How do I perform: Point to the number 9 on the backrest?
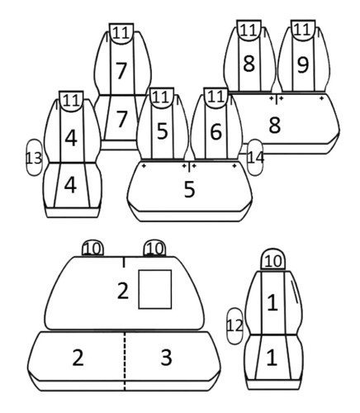tap(303, 64)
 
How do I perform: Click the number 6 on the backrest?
tap(216, 131)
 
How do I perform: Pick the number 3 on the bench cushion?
tap(166, 357)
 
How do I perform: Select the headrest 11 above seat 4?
tap(71, 101)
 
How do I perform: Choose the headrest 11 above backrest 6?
tap(216, 98)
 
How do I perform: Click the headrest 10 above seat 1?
tap(273, 260)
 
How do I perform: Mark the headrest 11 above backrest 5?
tap(162, 98)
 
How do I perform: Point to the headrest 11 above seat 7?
tap(121, 34)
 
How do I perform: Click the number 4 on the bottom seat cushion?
tap(70, 185)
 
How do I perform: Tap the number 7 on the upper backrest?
tap(121, 71)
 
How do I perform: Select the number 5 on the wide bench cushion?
tap(189, 189)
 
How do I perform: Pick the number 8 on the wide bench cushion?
tap(274, 126)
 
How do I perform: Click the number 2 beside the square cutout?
tap(123, 291)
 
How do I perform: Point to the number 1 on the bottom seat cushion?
tap(272, 358)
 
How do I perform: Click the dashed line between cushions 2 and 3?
tap(125, 361)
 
